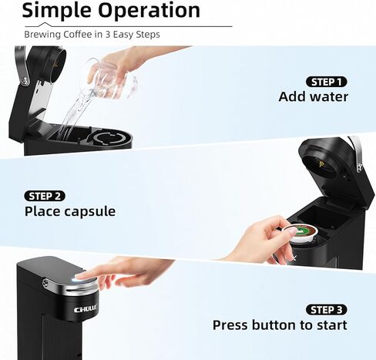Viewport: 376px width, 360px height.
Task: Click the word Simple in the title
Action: point(56,11)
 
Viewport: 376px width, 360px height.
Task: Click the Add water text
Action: point(313,97)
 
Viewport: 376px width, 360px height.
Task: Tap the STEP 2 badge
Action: point(45,196)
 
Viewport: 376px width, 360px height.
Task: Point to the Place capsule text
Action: point(70,211)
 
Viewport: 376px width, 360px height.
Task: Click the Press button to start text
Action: point(280,325)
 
